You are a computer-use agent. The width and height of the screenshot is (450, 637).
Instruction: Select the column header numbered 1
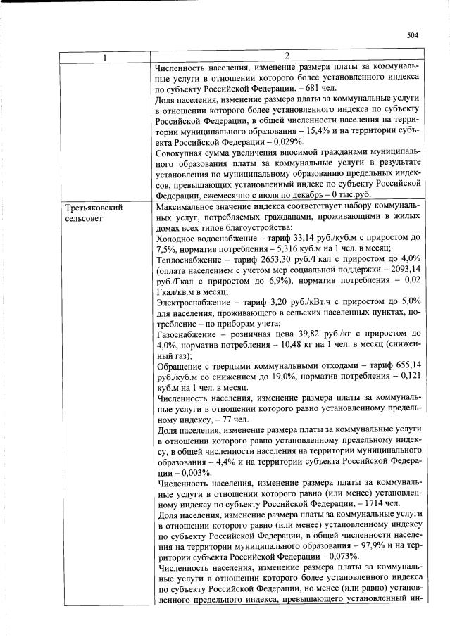point(104,56)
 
